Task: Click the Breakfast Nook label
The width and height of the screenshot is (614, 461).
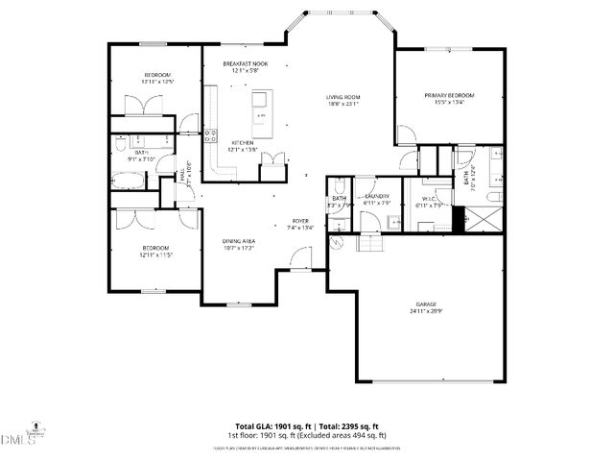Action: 245,63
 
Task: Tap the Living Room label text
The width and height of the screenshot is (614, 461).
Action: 342,97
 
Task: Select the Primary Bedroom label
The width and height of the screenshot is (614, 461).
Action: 450,95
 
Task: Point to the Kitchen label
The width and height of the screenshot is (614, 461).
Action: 242,142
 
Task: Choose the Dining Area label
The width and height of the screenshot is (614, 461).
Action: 238,241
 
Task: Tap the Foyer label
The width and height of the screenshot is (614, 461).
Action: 300,221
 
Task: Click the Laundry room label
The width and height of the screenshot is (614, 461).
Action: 377,196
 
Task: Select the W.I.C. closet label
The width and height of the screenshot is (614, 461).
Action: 429,199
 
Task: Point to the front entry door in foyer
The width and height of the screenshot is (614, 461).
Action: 300,257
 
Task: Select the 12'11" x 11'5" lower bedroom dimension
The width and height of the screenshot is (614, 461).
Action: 156,255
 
